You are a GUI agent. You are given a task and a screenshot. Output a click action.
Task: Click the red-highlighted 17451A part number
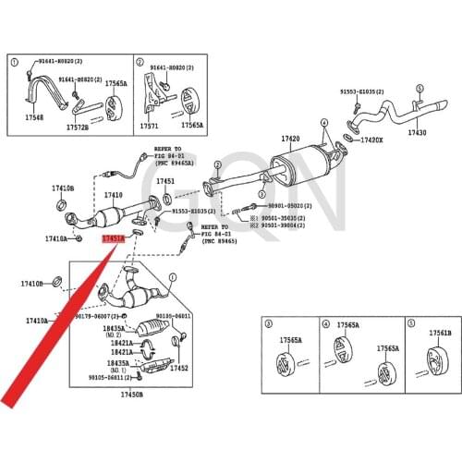click(x=112, y=238)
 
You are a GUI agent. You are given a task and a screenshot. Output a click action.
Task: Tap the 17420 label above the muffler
click(x=291, y=140)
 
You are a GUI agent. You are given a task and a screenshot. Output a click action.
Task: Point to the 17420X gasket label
click(x=371, y=140)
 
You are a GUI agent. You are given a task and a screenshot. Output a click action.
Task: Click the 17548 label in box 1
click(x=34, y=118)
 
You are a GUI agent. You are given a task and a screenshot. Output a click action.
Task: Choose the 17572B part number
click(x=78, y=127)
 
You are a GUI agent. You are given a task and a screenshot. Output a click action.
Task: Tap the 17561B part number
click(x=440, y=332)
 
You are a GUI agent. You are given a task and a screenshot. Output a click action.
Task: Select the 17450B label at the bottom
click(x=131, y=395)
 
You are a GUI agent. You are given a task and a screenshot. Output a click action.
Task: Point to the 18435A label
click(x=114, y=327)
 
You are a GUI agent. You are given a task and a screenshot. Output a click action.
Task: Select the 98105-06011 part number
click(x=107, y=377)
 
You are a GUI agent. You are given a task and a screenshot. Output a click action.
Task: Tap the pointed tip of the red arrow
click(x=7, y=403)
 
